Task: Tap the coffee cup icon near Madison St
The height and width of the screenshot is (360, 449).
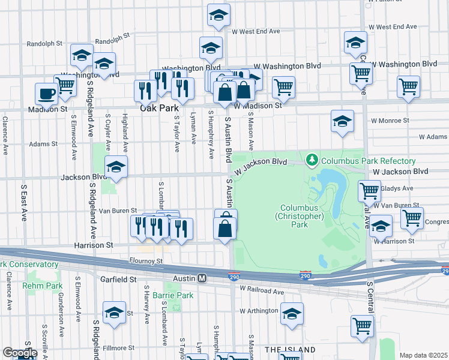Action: point(46,94)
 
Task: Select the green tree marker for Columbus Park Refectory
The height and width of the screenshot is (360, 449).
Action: point(312,160)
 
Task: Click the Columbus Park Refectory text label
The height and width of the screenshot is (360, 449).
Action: point(368,161)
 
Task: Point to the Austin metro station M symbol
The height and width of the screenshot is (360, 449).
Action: point(203,278)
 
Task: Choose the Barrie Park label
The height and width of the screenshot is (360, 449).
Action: point(172,295)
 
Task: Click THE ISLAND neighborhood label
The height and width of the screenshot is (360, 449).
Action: point(290,349)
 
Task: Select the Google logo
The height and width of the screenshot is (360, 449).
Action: point(19,353)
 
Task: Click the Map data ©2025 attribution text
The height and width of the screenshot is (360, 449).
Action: point(424,355)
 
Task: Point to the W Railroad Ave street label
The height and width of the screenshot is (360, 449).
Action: point(262,290)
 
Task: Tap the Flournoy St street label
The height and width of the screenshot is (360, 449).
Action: point(146,261)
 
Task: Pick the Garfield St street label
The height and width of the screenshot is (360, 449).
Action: point(119,279)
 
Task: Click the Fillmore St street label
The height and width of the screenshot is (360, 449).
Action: point(118,347)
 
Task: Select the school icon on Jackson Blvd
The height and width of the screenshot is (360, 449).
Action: point(116,167)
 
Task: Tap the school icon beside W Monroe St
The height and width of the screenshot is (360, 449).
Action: point(342,121)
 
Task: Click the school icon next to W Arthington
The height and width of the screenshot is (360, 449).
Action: point(292,314)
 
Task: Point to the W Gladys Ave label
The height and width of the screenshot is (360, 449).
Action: point(397,188)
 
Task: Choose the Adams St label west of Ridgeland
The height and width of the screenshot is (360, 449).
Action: point(43,144)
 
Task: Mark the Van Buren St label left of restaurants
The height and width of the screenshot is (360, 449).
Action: point(114,211)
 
